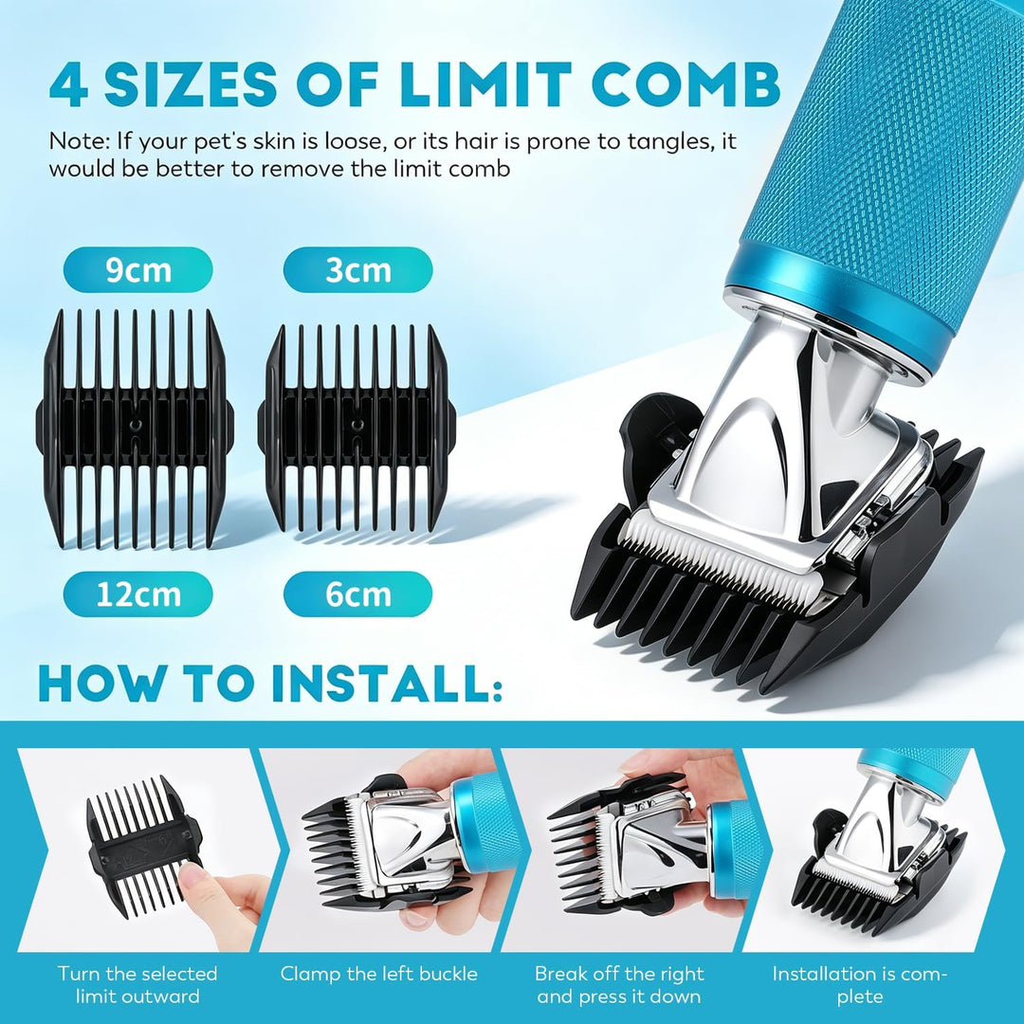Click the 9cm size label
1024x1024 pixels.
coord(137,269)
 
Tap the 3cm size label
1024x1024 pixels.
coord(357,269)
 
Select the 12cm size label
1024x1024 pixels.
coord(137,594)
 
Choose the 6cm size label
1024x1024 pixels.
coord(357,594)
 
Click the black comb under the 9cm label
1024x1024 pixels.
coord(135,429)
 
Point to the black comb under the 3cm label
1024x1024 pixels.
coord(356,429)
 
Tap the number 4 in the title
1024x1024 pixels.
coord(68,84)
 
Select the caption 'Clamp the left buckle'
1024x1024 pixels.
coord(378,974)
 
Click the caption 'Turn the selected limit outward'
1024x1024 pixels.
coord(137,985)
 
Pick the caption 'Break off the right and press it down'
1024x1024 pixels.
coord(619,985)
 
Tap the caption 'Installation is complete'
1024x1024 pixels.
coord(859,985)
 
